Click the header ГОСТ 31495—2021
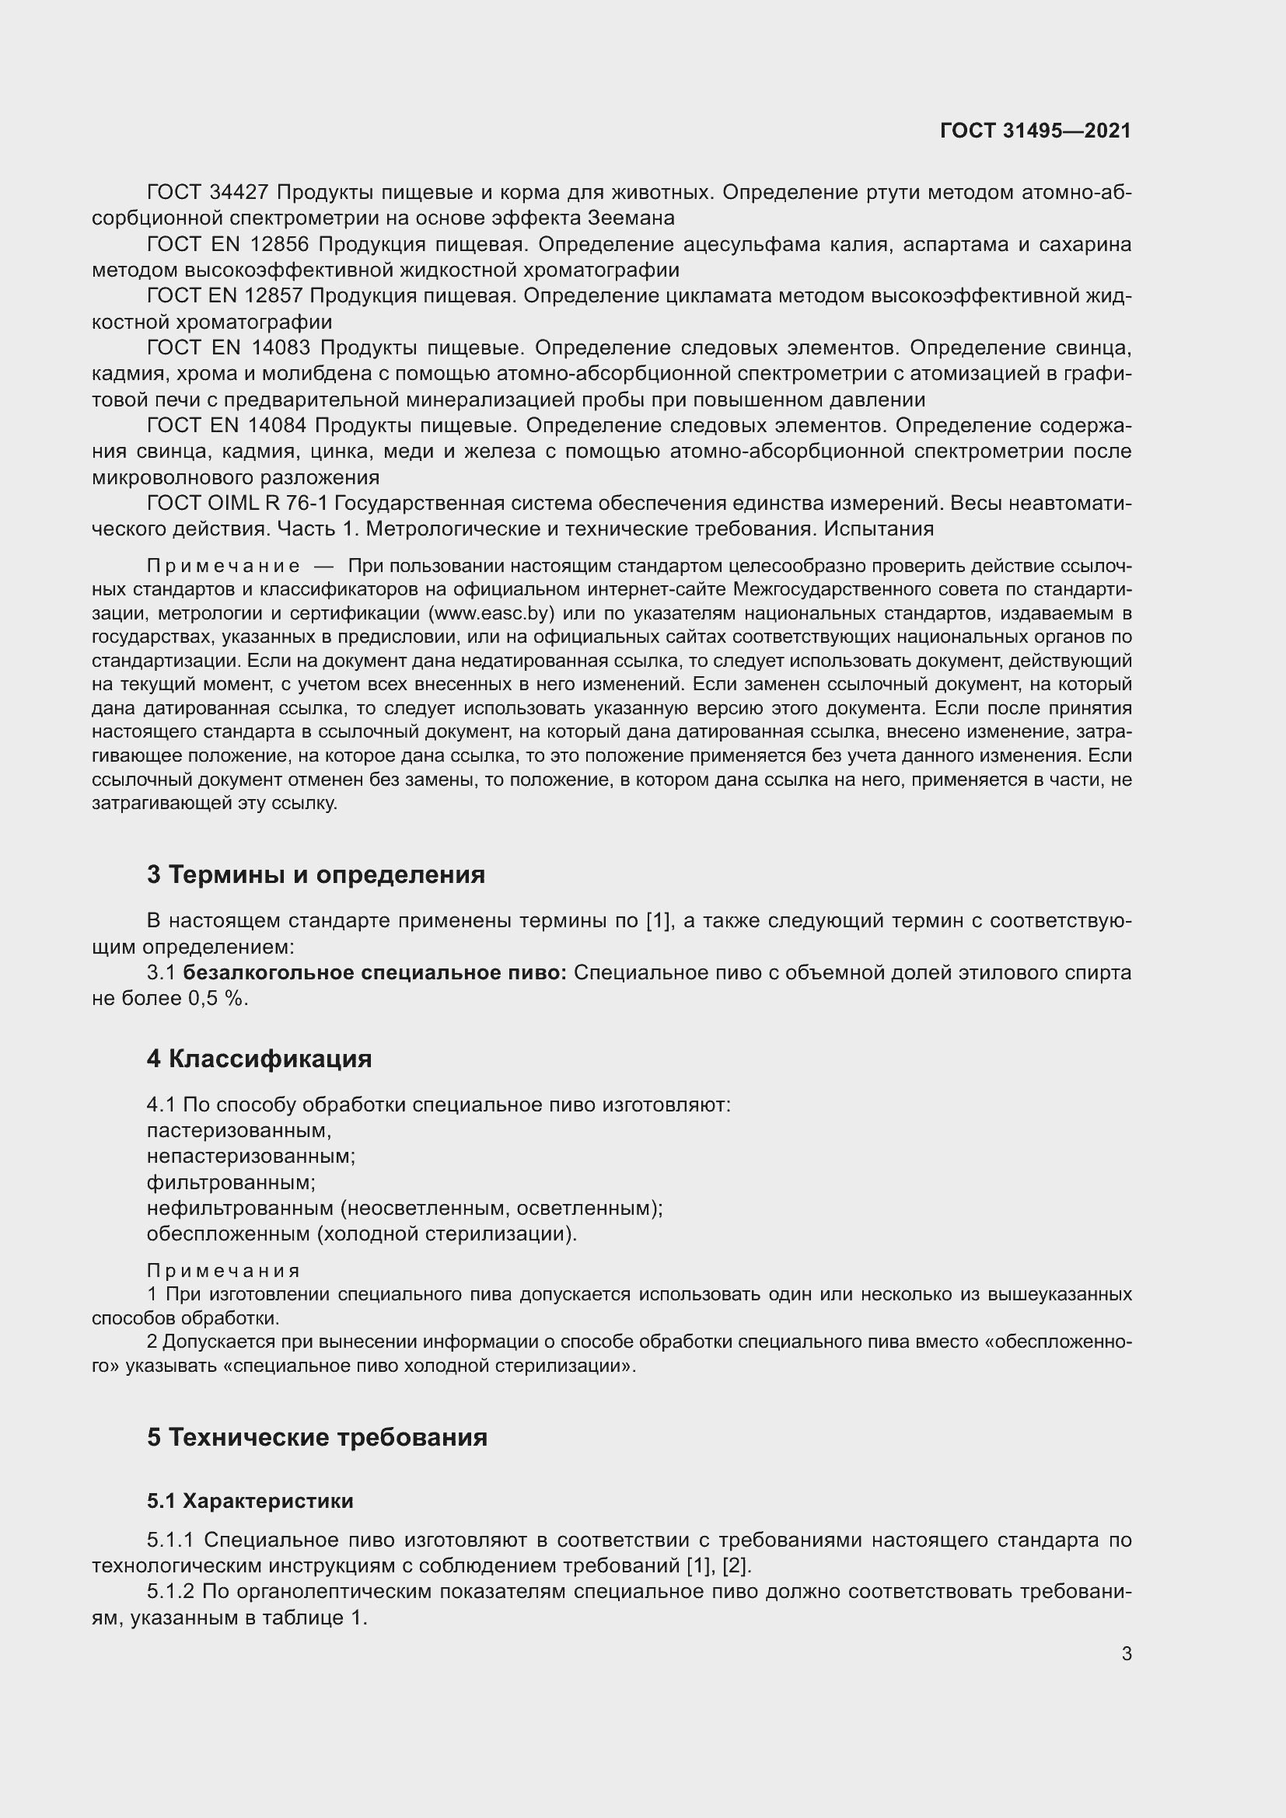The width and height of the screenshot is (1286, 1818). click(x=1035, y=131)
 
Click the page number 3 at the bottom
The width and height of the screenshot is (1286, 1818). click(x=1126, y=1654)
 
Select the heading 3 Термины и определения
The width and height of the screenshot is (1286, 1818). click(x=315, y=875)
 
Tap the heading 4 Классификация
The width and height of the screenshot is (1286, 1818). click(x=259, y=1059)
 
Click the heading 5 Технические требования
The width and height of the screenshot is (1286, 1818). click(x=316, y=1437)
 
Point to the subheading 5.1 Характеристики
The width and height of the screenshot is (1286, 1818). click(x=250, y=1502)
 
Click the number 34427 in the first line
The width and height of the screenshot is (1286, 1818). click(x=241, y=193)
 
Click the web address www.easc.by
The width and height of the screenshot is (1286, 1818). click(x=490, y=614)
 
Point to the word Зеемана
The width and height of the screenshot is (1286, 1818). click(x=631, y=218)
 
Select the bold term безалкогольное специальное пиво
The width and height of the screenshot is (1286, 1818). click(x=374, y=973)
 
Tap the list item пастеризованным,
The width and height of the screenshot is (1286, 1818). click(x=239, y=1131)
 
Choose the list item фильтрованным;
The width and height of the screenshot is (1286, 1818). click(x=230, y=1183)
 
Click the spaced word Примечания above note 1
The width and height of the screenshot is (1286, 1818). click(x=223, y=1271)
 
